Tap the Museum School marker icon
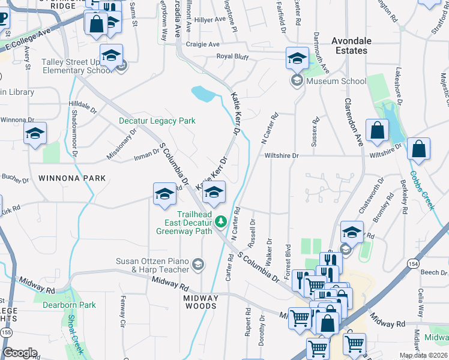point(297,81)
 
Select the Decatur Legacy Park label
point(157,121)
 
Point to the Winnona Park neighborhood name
point(72,178)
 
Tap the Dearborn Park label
point(69,305)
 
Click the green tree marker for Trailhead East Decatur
point(221,223)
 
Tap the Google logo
point(20,353)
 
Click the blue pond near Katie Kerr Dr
point(203,94)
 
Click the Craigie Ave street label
point(202,44)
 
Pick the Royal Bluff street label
point(232,57)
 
